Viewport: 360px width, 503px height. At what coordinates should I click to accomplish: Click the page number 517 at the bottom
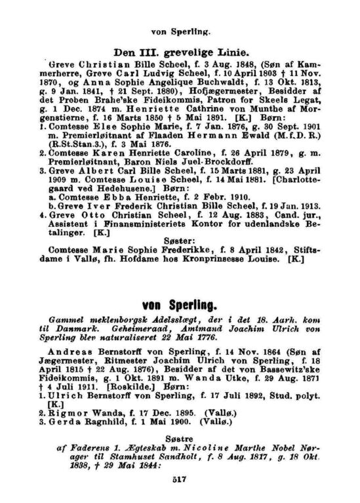181,479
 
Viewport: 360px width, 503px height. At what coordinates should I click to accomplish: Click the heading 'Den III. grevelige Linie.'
180,52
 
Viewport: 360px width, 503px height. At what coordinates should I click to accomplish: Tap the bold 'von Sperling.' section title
180,306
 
